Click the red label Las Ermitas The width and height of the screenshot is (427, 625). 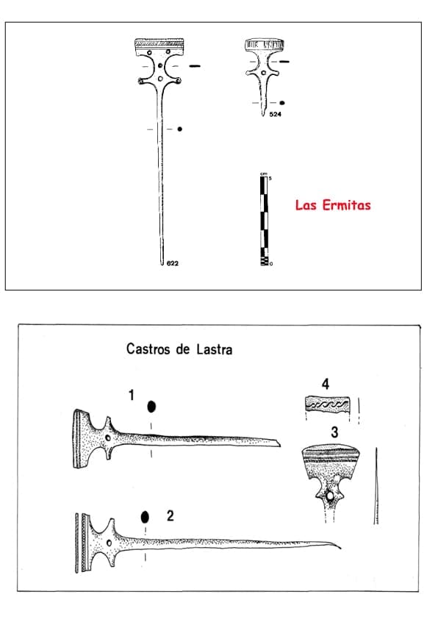click(333, 205)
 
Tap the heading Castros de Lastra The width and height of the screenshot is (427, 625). click(179, 349)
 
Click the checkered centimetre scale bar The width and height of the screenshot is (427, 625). click(264, 220)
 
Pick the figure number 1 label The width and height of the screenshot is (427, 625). click(131, 395)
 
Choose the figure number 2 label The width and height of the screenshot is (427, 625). click(170, 515)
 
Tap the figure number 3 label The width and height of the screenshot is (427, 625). click(334, 432)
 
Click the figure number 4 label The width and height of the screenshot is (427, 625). click(325, 383)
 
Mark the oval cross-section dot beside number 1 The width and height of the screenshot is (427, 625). click(151, 407)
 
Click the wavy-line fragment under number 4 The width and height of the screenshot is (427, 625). click(329, 404)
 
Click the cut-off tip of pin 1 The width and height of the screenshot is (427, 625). click(275, 443)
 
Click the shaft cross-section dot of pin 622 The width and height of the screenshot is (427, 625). click(180, 129)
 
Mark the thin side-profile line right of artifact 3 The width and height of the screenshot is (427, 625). click(376, 485)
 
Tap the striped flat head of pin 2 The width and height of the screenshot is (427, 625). click(80, 543)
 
